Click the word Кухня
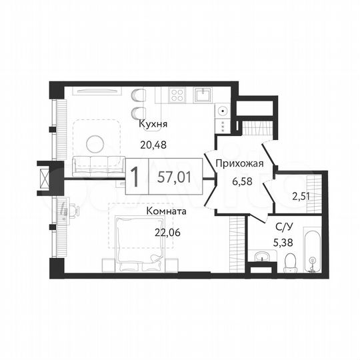point(153,124)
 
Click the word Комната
point(166,211)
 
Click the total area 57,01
point(173,177)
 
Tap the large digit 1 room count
point(135,177)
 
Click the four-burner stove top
point(177,95)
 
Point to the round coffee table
point(96,142)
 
